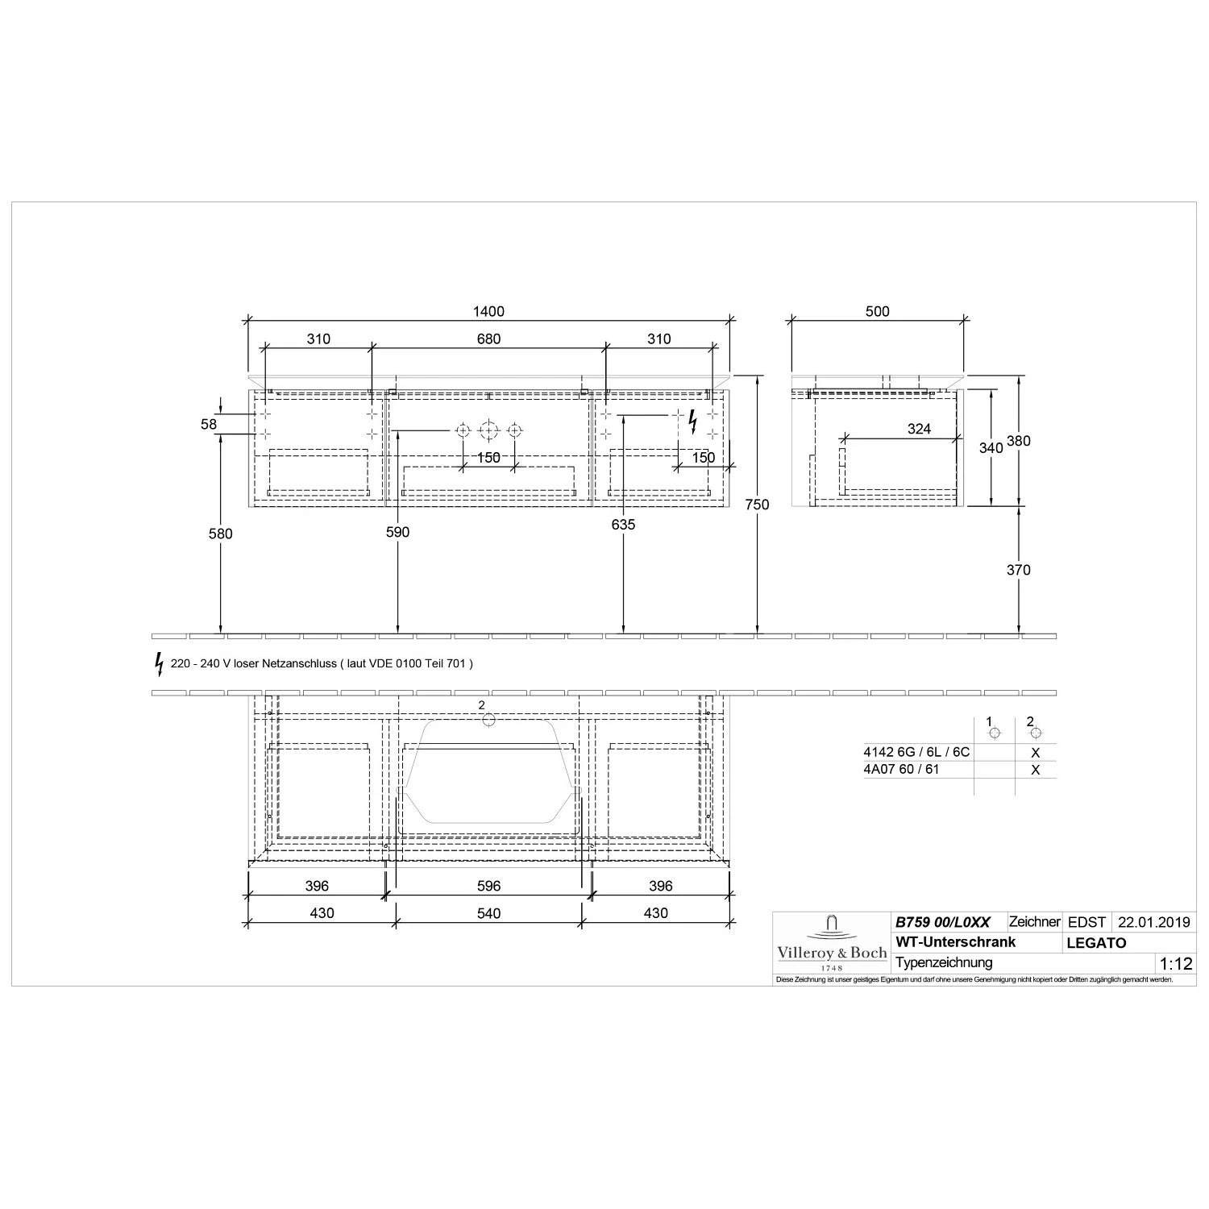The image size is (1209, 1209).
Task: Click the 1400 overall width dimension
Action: click(489, 312)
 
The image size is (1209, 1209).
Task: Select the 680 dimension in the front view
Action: click(489, 339)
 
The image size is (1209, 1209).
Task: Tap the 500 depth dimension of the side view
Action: click(878, 312)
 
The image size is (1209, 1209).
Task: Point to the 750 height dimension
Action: click(758, 505)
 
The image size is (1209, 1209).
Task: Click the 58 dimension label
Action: click(209, 424)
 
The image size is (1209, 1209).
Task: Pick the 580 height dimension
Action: click(220, 534)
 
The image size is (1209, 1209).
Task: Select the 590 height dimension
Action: click(397, 532)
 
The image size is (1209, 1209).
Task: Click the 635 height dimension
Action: click(623, 525)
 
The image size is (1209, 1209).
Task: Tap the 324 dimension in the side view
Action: click(919, 429)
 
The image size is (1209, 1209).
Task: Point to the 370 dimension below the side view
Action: click(1019, 570)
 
